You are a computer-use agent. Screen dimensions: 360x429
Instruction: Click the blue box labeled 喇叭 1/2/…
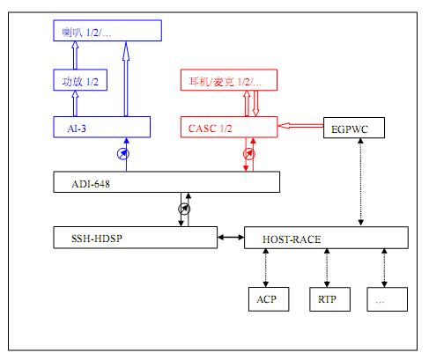(107, 33)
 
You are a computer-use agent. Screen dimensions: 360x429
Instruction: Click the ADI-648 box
(165, 183)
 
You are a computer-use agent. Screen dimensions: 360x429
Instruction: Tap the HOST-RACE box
(326, 238)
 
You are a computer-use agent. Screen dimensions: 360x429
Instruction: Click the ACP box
(267, 298)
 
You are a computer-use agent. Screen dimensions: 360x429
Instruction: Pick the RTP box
(328, 298)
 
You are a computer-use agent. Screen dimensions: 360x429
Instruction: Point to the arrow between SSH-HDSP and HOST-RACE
(231, 237)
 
